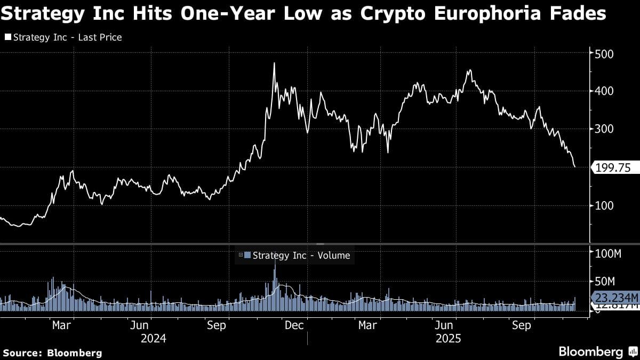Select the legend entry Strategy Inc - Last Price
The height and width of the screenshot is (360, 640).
click(63, 37)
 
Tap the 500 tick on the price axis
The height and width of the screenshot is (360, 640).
click(605, 54)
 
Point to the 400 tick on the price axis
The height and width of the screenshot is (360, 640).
click(605, 92)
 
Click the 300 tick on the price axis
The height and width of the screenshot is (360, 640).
click(605, 130)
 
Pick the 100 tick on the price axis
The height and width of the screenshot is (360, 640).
click(605, 206)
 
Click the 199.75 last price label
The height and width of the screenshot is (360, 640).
click(612, 168)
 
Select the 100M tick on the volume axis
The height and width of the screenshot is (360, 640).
click(609, 254)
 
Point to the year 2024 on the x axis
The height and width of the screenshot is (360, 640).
click(154, 339)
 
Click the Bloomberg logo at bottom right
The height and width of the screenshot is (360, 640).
click(597, 351)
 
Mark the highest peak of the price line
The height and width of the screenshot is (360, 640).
click(274, 63)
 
